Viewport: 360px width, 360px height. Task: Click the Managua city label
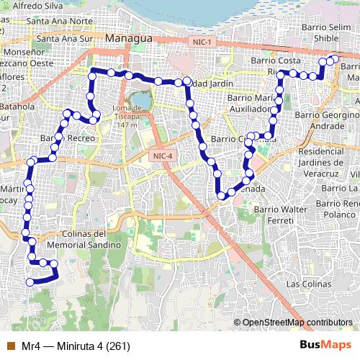point(128,37)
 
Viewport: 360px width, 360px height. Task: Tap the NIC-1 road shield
point(201,42)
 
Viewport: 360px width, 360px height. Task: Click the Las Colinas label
point(307,284)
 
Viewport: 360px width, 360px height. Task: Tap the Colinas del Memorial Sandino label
point(70,239)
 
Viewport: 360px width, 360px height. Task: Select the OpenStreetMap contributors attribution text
point(297,322)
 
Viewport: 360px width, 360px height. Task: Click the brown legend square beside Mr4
point(9,346)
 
